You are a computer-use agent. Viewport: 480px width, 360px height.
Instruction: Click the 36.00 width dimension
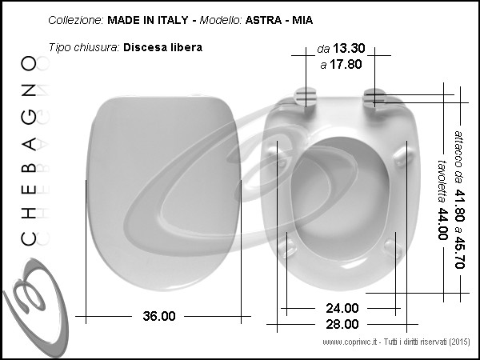(x=159, y=316)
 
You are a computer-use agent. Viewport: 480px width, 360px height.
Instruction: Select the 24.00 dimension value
(x=342, y=308)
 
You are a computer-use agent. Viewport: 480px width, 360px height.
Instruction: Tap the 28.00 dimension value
(x=342, y=324)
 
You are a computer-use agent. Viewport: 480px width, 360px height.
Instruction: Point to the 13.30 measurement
(x=349, y=48)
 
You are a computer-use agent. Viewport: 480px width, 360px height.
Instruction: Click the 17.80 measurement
(x=346, y=64)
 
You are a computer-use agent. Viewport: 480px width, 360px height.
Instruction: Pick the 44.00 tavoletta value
(x=442, y=224)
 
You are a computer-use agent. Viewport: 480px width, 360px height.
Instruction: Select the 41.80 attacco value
(x=460, y=205)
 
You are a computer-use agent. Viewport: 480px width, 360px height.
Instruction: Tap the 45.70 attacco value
(x=460, y=252)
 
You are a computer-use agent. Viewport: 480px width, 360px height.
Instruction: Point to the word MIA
(x=302, y=20)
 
